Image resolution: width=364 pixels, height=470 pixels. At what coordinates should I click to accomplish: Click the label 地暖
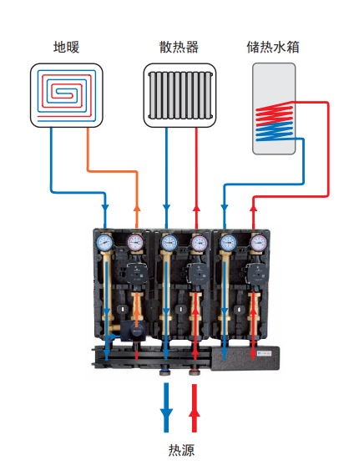coord(66,47)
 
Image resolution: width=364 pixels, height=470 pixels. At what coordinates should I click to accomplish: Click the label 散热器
coord(179,47)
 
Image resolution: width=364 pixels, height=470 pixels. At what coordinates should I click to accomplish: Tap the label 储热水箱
coord(273,47)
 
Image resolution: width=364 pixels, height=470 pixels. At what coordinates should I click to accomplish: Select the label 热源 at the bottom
coord(181,450)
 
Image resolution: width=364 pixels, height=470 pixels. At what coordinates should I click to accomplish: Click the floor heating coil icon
coord(67,95)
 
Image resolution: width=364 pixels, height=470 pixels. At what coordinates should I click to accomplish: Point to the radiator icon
coord(179,95)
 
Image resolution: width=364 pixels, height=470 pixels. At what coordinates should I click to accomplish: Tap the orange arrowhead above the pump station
coord(137,208)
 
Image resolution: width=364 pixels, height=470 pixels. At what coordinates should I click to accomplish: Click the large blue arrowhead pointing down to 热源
coord(166,414)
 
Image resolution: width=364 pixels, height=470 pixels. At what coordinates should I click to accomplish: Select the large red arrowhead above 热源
coord(195,413)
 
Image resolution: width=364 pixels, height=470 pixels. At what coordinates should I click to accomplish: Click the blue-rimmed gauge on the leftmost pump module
coord(104,242)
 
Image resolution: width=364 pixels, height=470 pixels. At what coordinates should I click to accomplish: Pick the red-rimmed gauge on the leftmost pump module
coord(135,242)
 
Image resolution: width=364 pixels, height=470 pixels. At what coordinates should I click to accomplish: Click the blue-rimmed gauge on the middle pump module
coord(169,242)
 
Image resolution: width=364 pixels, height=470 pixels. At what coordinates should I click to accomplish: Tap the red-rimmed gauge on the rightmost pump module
coord(259,242)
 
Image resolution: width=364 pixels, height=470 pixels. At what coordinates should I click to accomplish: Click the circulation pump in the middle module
coord(198,273)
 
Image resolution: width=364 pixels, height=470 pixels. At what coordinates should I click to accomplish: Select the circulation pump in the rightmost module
coord(256,273)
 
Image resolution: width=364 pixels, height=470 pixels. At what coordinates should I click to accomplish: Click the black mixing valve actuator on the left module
coord(134,331)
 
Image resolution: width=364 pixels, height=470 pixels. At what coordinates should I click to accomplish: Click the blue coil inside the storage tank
coord(275,131)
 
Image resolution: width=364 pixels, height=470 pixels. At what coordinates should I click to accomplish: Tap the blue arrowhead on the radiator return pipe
coord(166,208)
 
